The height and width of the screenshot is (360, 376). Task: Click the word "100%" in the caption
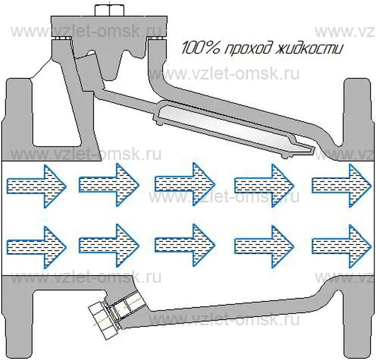point(197,48)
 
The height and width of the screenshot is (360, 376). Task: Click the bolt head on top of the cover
point(109,10)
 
